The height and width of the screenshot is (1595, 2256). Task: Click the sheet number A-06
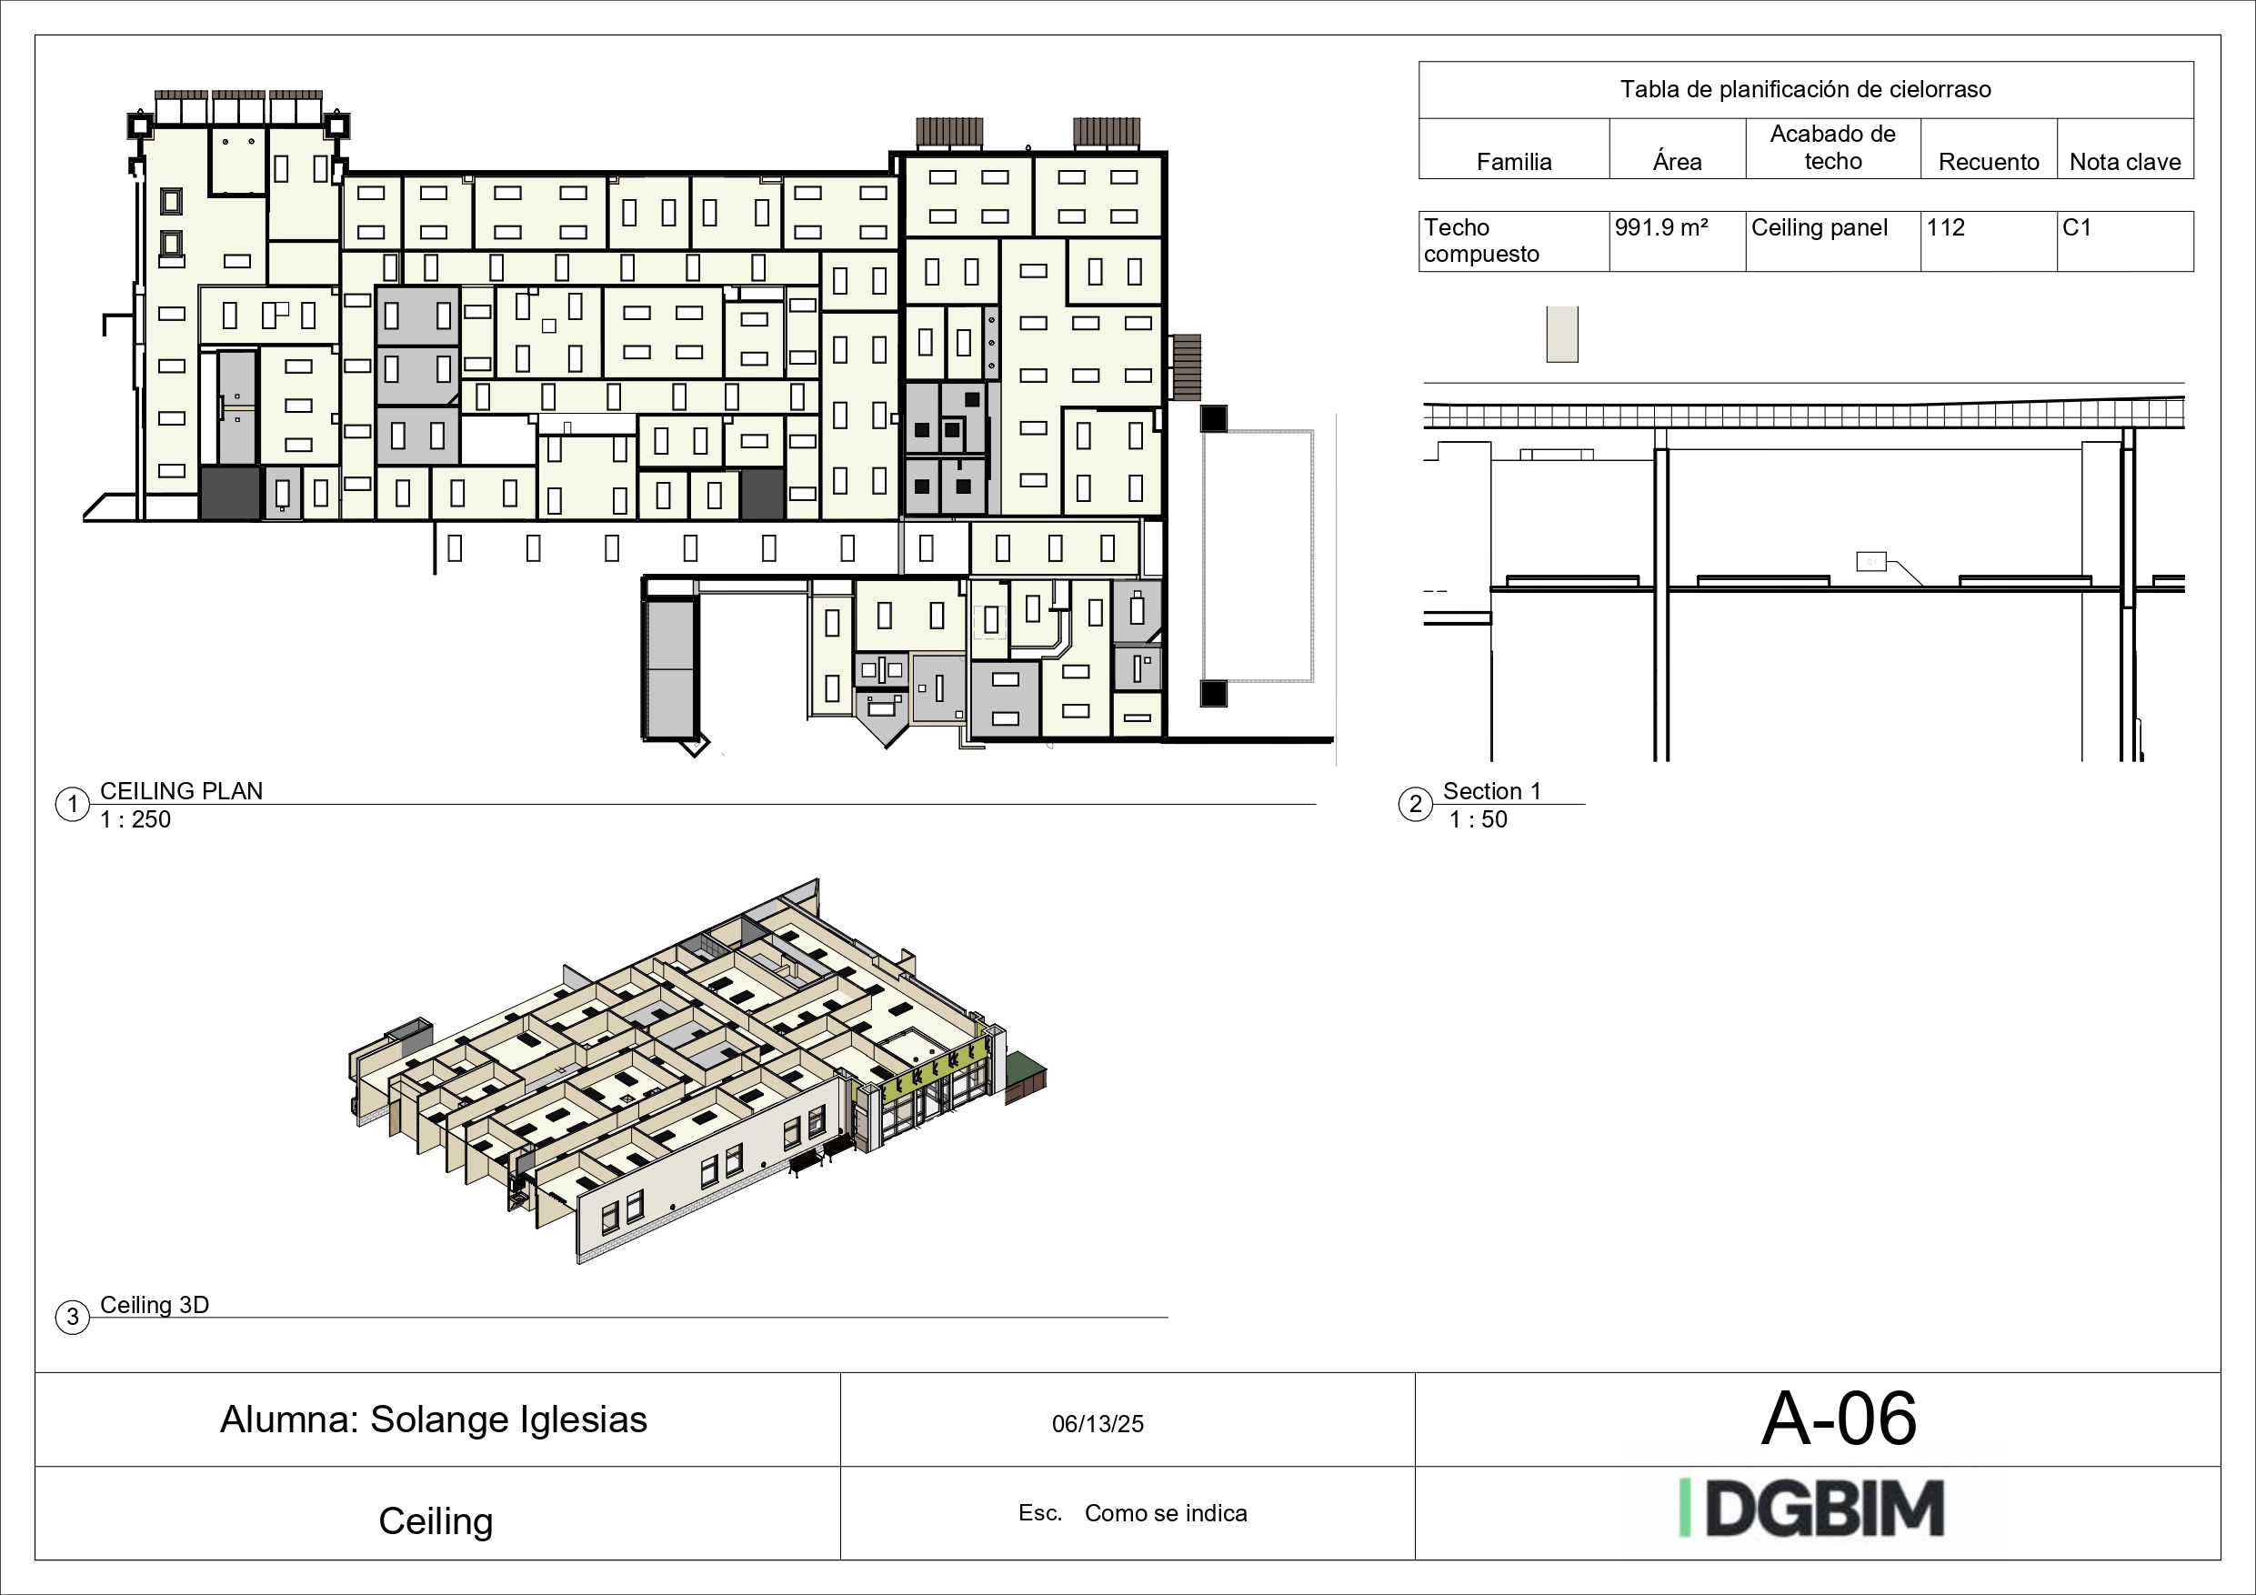(x=1839, y=1419)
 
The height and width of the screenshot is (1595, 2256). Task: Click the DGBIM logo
(x=1812, y=1508)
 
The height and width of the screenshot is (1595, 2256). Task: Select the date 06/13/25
(x=1098, y=1424)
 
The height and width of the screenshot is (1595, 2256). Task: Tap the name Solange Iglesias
(x=508, y=1419)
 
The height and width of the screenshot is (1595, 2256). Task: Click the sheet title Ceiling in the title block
(x=436, y=1521)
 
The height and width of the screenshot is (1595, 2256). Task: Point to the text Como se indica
(x=1166, y=1513)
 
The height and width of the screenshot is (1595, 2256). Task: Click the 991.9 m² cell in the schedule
(x=1660, y=228)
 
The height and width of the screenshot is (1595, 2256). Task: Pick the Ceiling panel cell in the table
(x=1819, y=228)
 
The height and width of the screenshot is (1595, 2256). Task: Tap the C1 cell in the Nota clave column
(x=2076, y=228)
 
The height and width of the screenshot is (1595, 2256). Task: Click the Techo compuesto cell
(x=1480, y=241)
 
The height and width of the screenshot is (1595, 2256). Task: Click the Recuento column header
(x=1988, y=162)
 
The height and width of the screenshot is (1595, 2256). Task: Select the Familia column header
(x=1513, y=162)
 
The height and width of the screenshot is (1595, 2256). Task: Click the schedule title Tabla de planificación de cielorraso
(x=1805, y=89)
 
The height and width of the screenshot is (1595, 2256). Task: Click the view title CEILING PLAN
(x=182, y=791)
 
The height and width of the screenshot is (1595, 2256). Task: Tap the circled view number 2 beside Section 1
(x=1415, y=805)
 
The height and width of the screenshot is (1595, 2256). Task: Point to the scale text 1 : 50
(x=1477, y=819)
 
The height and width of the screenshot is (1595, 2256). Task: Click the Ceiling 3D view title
(x=155, y=1305)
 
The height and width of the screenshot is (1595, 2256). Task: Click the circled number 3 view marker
(x=73, y=1317)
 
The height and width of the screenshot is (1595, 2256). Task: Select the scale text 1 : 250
(x=135, y=819)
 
